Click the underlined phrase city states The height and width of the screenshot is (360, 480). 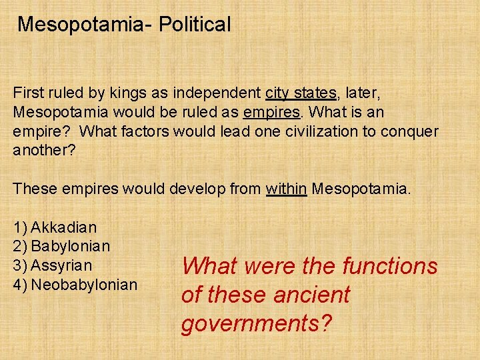[300, 93]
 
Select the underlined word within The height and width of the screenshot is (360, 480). [286, 189]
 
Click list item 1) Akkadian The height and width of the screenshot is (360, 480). [55, 227]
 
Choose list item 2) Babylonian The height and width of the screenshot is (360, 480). [61, 246]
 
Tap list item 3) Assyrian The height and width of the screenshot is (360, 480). [53, 265]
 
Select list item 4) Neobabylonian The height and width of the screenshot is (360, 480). [75, 285]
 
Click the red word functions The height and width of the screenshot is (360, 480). [389, 267]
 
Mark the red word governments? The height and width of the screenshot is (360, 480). [257, 323]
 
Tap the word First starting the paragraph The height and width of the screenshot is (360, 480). [28, 93]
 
